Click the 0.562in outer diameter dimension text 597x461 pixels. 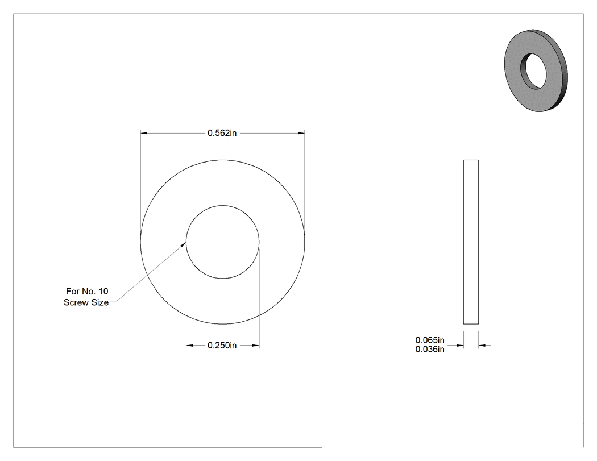pyautogui.click(x=222, y=133)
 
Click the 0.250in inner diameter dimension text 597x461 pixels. pyautogui.click(x=222, y=345)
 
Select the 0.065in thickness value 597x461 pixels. pyautogui.click(x=430, y=340)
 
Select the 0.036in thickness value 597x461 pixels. pyautogui.click(x=430, y=349)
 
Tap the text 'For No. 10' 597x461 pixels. pyautogui.click(x=87, y=291)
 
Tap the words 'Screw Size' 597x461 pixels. pyautogui.click(x=86, y=302)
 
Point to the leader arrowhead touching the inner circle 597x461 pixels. pyautogui.click(x=183, y=244)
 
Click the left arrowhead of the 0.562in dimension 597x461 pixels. pyautogui.click(x=144, y=133)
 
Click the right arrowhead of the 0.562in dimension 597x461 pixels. pyautogui.click(x=301, y=133)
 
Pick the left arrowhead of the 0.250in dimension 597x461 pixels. pyautogui.click(x=189, y=346)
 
